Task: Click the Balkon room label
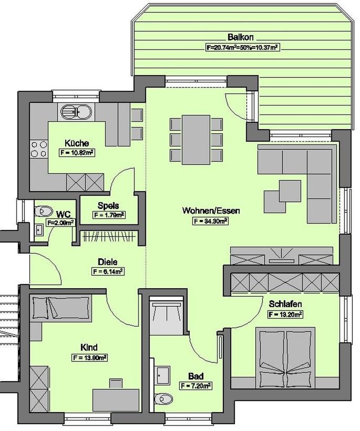point(240,37)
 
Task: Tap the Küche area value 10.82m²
point(77,153)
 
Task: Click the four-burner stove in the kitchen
point(39,149)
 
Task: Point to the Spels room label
point(108,206)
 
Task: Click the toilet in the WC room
point(44,211)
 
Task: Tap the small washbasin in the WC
point(39,229)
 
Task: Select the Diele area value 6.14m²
point(107,272)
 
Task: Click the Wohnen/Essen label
point(211,211)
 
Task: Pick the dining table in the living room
point(196,140)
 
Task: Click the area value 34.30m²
point(210,221)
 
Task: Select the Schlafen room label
point(285,304)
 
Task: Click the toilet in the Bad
point(164,399)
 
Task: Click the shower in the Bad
point(166,316)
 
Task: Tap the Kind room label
point(89,347)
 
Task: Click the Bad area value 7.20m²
point(196,386)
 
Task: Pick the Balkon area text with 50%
point(241,48)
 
